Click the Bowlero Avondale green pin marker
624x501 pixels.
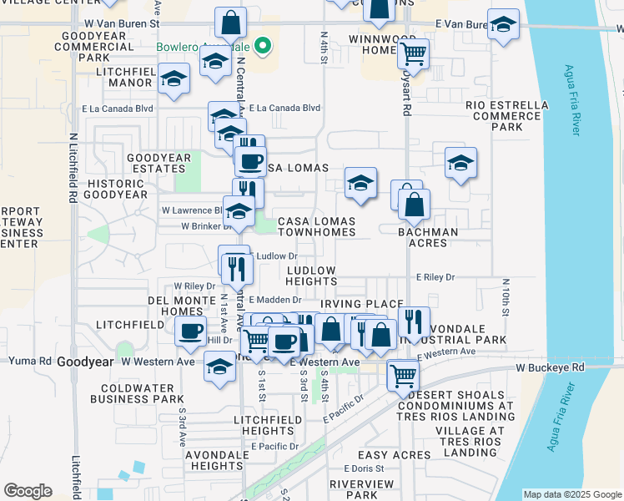click(x=264, y=47)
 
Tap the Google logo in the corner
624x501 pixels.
click(x=28, y=491)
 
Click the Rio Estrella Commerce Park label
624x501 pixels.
click(x=507, y=116)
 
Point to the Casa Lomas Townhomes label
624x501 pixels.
click(x=316, y=226)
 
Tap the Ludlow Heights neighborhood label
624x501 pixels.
click(x=311, y=276)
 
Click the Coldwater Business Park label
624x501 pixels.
click(x=142, y=393)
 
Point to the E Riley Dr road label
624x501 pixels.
click(x=435, y=276)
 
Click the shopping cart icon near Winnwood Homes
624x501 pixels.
click(x=413, y=54)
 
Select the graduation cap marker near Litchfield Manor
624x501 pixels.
click(x=174, y=79)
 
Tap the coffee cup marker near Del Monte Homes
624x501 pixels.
click(x=191, y=330)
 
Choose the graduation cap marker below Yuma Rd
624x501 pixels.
click(x=219, y=367)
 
